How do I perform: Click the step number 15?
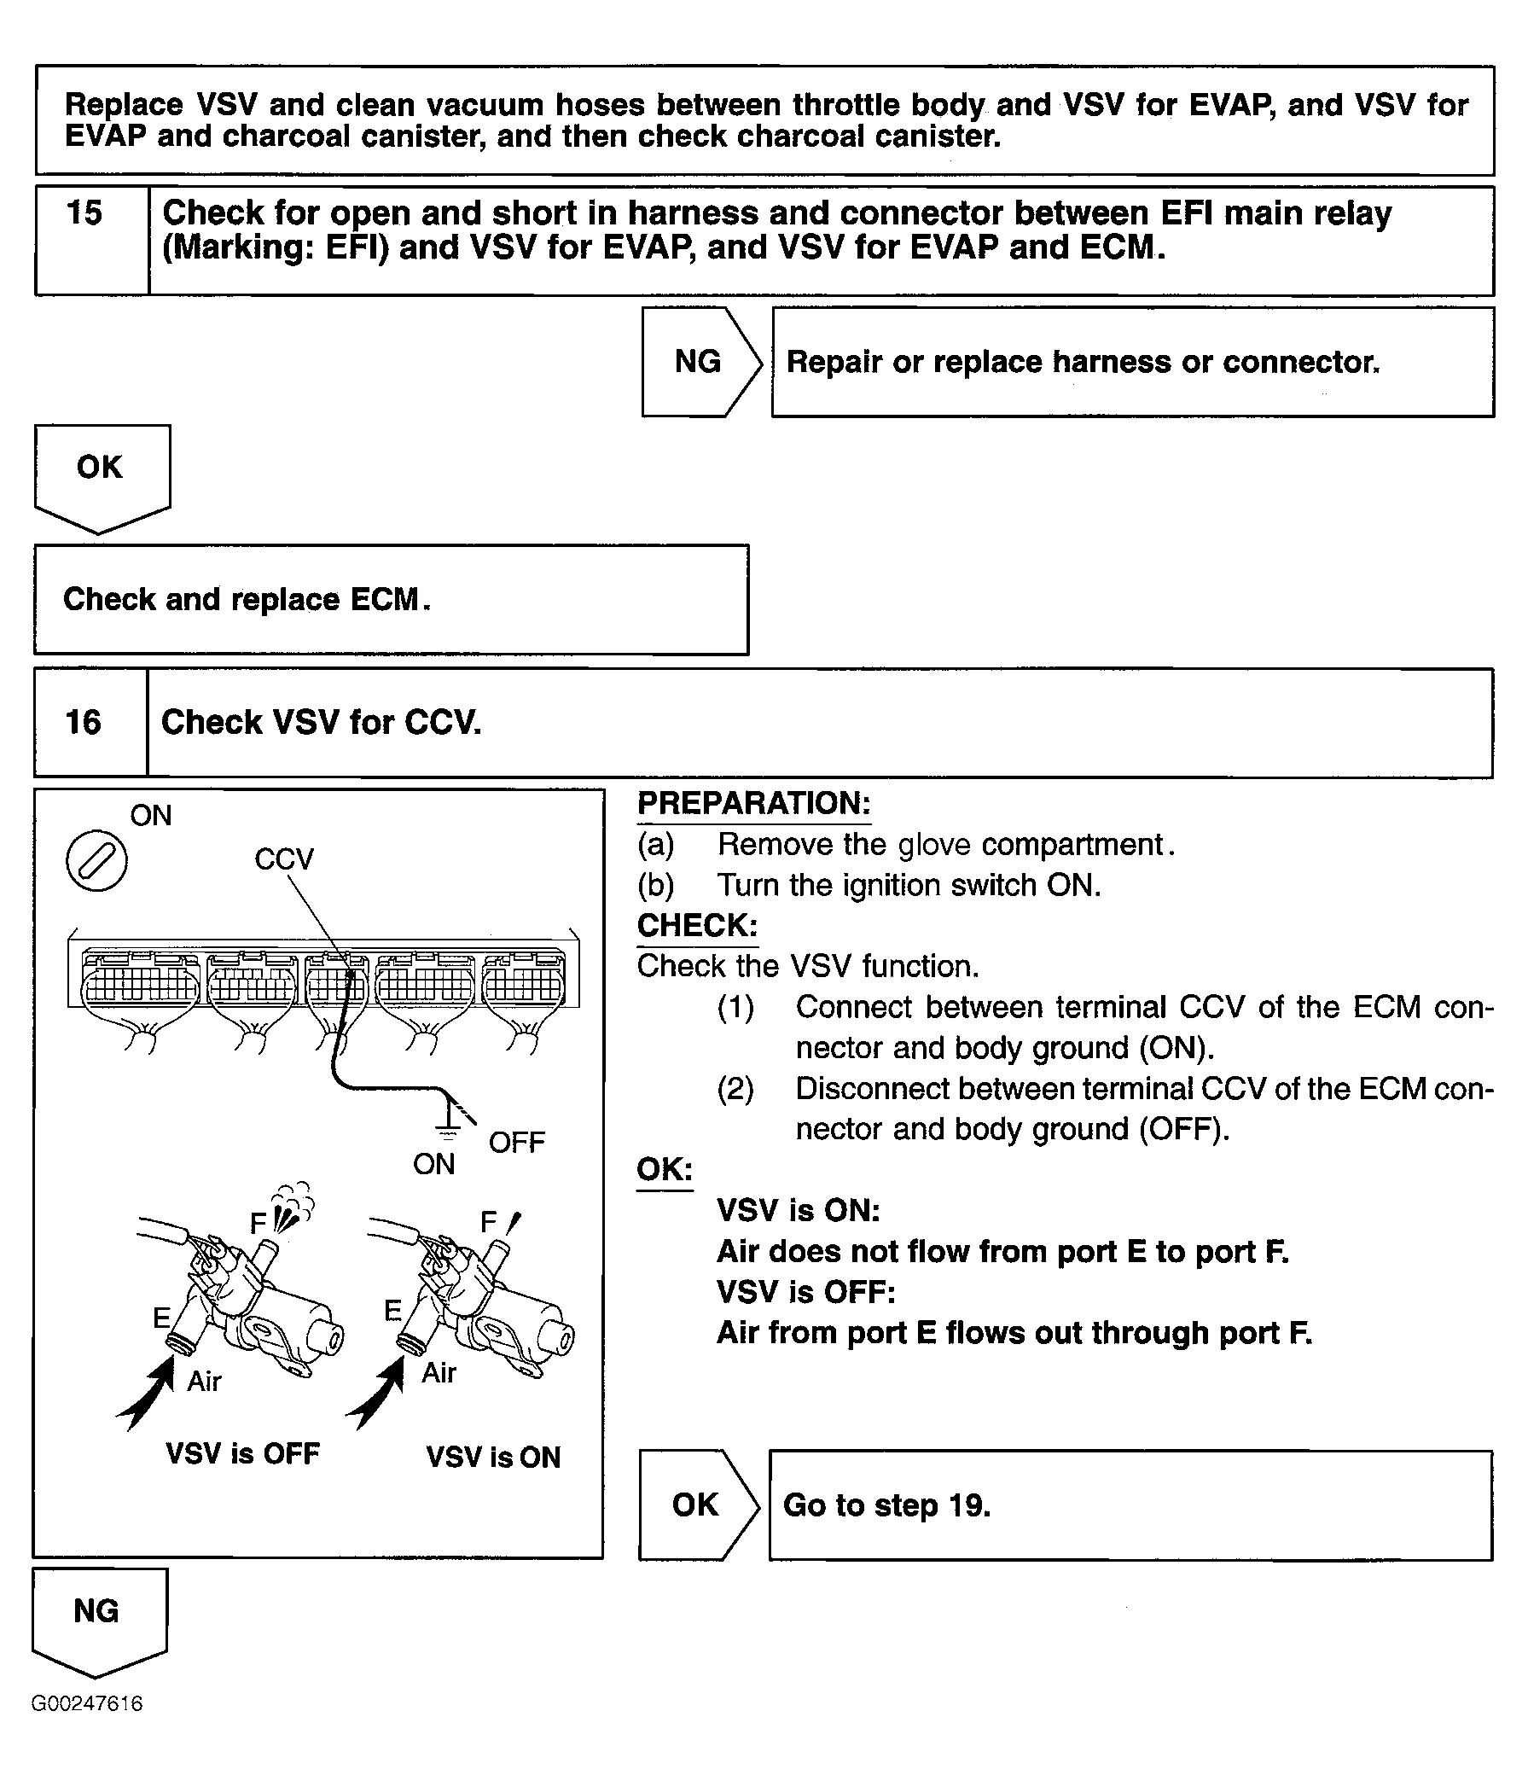(84, 213)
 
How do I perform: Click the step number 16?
(83, 722)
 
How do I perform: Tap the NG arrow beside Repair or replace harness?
(699, 362)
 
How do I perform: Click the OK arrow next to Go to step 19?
(695, 1504)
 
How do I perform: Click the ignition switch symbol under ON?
(96, 859)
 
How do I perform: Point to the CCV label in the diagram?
(284, 858)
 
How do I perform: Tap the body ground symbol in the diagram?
(447, 1129)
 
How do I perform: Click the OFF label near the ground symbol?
(516, 1142)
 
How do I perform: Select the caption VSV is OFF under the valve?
(242, 1453)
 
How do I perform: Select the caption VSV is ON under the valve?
(493, 1457)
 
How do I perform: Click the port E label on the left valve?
(161, 1317)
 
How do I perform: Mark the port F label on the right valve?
(488, 1222)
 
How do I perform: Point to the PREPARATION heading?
(753, 804)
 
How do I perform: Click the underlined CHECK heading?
(697, 925)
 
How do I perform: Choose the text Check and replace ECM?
(247, 599)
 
